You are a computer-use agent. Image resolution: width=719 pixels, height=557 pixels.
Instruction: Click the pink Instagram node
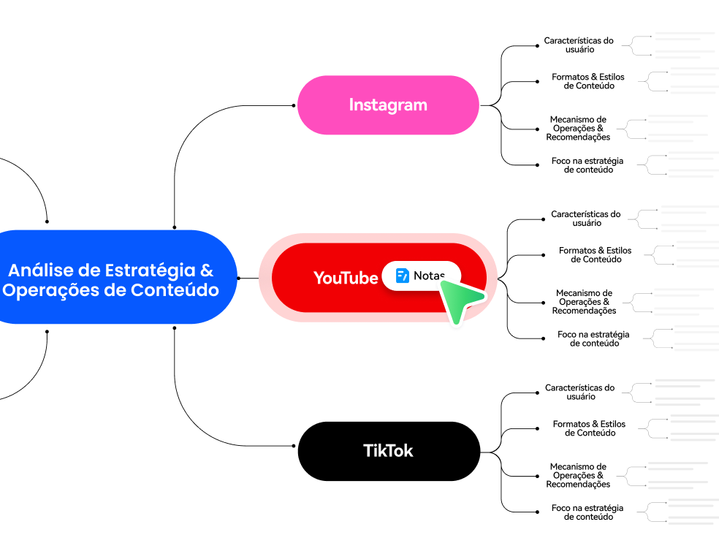click(x=388, y=105)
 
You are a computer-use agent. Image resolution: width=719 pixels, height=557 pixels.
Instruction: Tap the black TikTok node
click(x=388, y=450)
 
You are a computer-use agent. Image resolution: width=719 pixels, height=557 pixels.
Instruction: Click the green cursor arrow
click(x=460, y=300)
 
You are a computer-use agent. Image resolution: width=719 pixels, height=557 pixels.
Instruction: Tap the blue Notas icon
click(x=403, y=276)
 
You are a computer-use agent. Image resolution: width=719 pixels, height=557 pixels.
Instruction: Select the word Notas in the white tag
click(x=429, y=276)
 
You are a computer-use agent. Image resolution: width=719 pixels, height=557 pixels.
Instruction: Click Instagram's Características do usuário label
click(x=579, y=45)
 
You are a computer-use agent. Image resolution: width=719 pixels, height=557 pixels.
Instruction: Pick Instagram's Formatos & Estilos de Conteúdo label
click(x=588, y=81)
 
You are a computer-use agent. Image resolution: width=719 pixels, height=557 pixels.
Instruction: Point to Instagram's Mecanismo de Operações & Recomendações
click(x=578, y=128)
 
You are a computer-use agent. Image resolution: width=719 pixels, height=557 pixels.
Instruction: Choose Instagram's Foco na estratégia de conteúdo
click(x=588, y=165)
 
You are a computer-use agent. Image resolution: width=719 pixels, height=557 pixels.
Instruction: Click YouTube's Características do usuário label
click(x=586, y=219)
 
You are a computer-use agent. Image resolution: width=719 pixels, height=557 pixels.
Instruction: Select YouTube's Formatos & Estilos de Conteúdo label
click(x=596, y=254)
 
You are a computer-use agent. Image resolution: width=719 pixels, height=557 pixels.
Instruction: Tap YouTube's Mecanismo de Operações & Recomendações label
click(x=584, y=302)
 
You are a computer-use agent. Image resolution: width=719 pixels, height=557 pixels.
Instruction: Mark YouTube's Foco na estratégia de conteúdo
click(x=593, y=338)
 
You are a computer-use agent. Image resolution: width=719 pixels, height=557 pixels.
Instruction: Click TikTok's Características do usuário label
click(x=580, y=393)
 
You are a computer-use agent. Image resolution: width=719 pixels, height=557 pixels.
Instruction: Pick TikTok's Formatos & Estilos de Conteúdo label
click(x=590, y=428)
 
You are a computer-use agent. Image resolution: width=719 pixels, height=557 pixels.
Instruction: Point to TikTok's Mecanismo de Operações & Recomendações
click(x=578, y=475)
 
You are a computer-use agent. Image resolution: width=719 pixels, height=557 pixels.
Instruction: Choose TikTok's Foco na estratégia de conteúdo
click(x=588, y=512)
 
